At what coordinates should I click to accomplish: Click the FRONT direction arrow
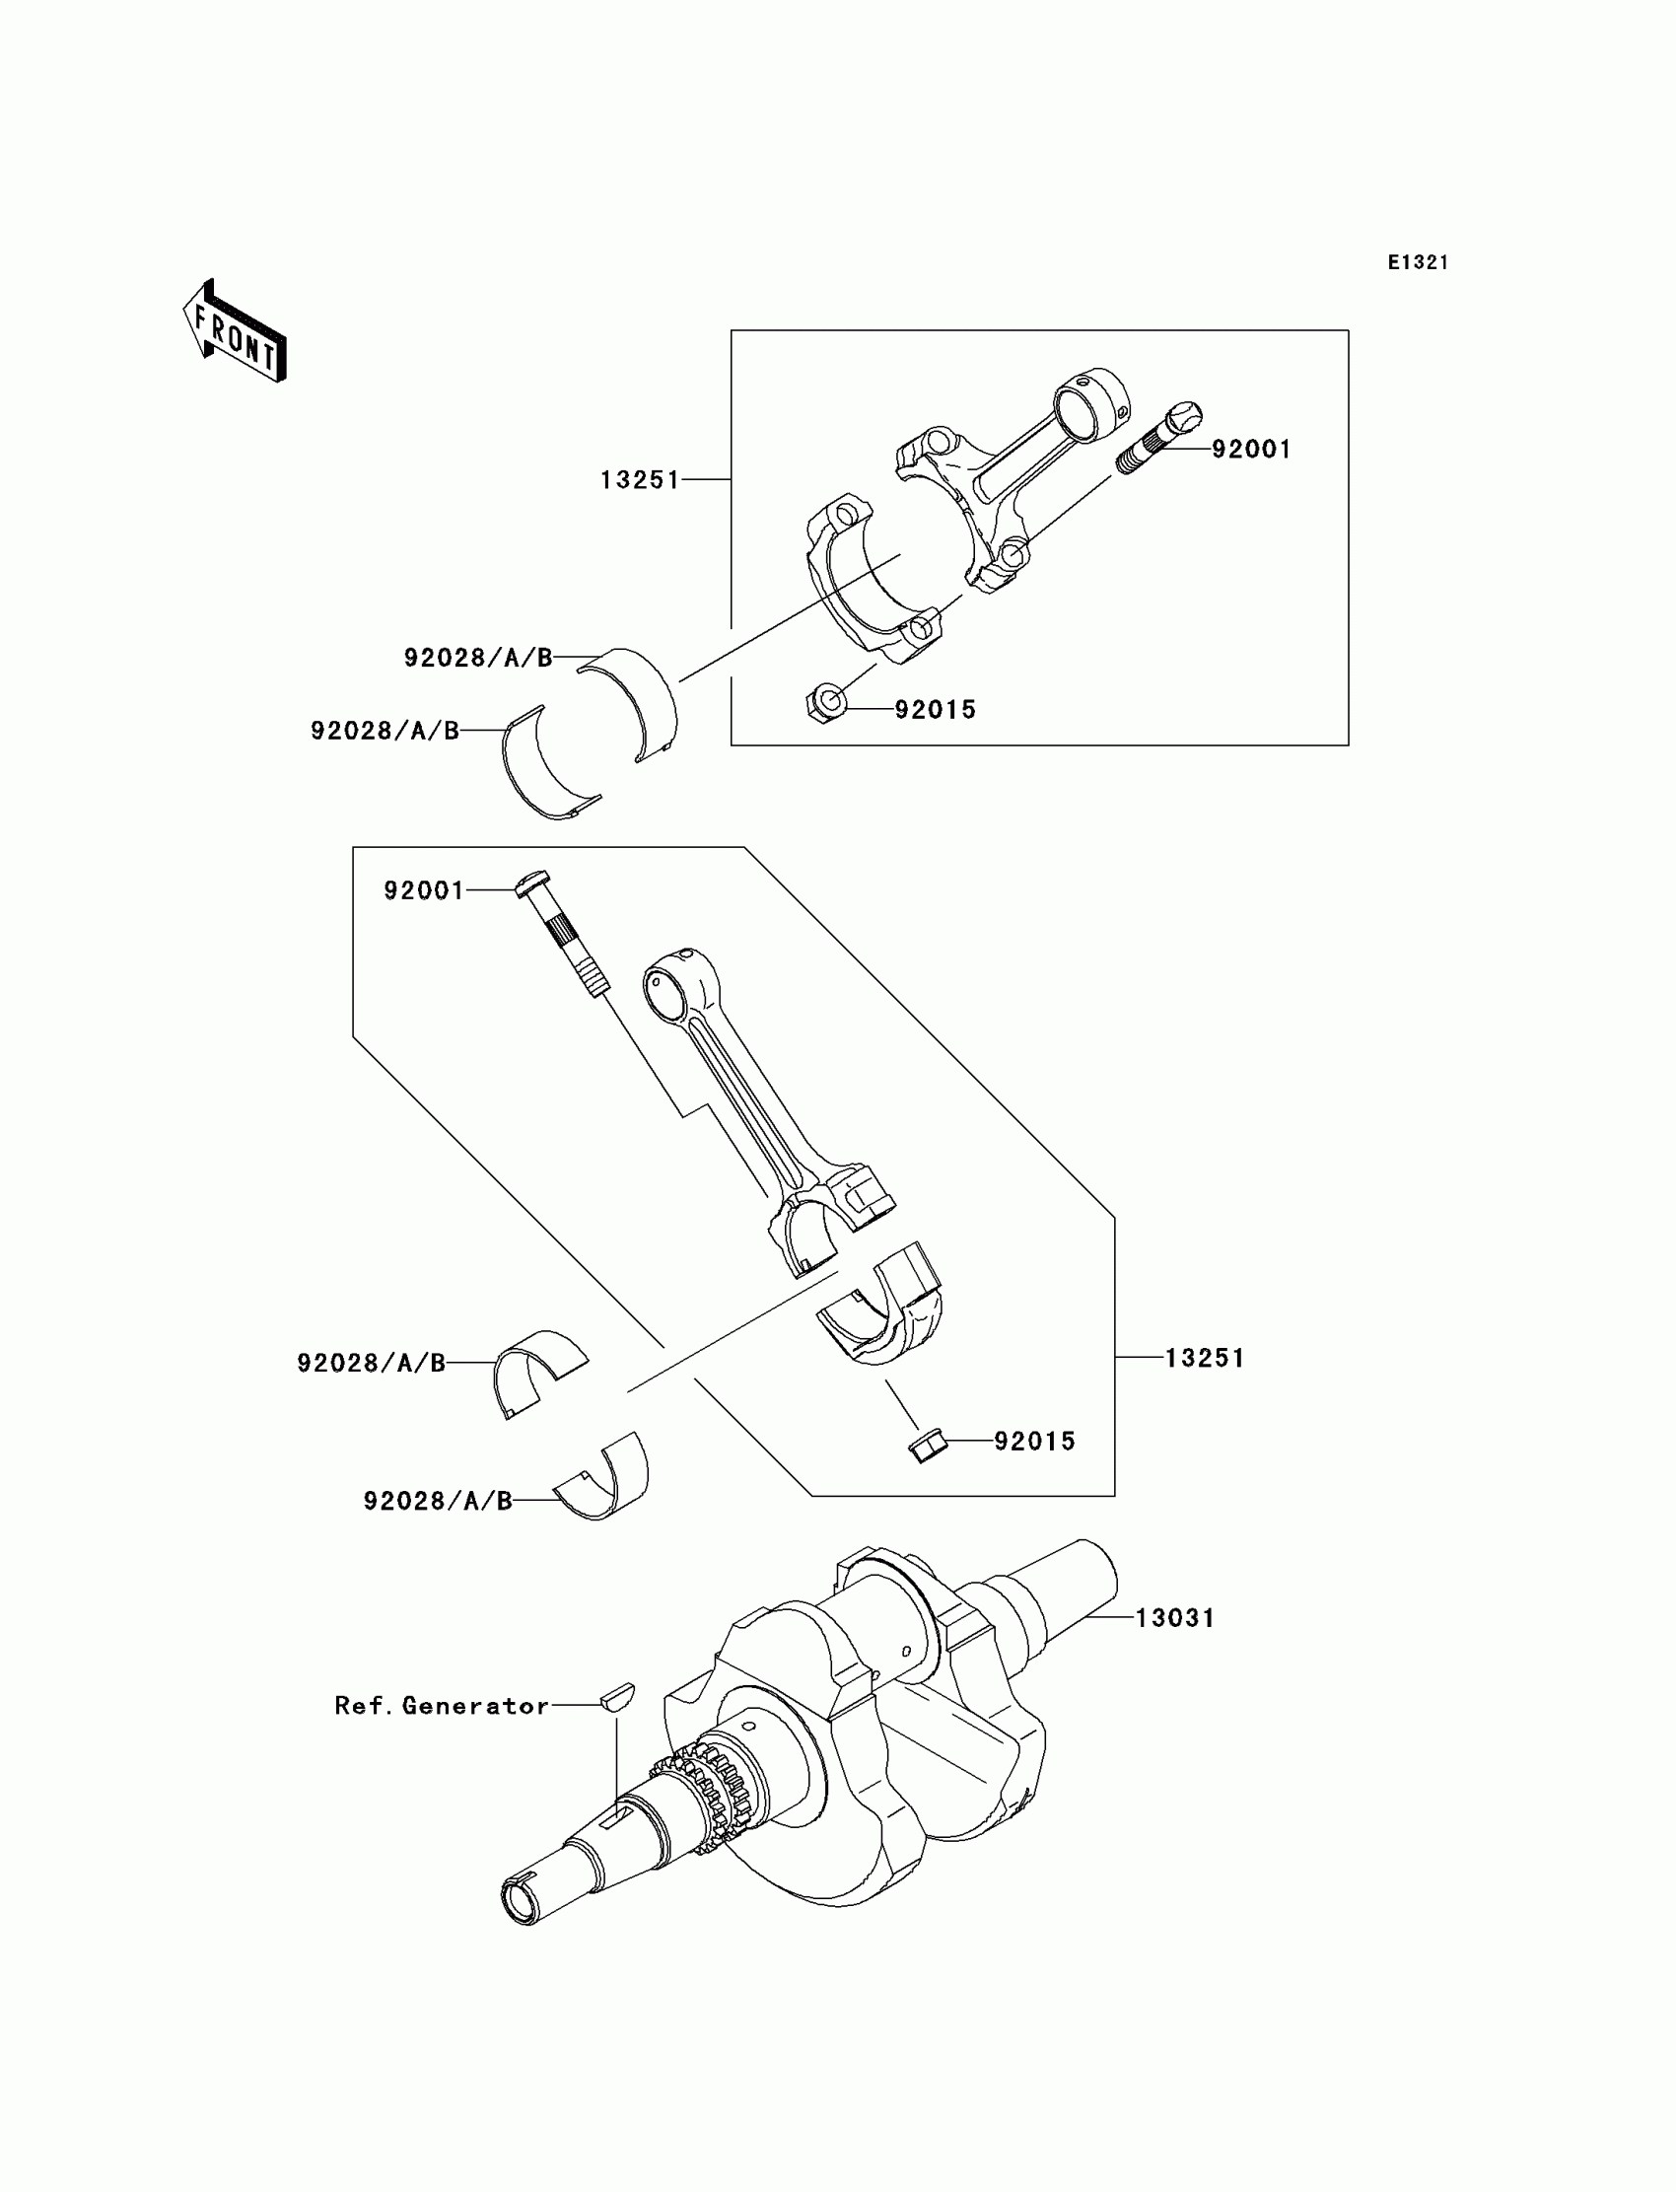pos(236,332)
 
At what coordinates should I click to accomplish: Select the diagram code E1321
pos(1418,262)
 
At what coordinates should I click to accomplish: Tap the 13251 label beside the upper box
pos(640,480)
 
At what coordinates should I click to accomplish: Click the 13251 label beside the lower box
pos(1205,1358)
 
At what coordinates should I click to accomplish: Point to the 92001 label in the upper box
pos(1251,450)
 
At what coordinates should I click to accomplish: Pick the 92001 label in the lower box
pos(424,890)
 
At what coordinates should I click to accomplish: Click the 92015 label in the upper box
pos(935,709)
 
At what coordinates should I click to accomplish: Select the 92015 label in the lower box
pos(1034,1441)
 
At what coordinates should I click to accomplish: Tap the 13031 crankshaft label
pos(1175,1617)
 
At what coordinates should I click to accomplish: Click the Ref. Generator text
pos(442,1705)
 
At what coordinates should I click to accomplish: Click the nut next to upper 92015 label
pos(826,703)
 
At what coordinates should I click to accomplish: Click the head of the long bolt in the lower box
pos(531,881)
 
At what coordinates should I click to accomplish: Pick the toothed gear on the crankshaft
pos(704,1796)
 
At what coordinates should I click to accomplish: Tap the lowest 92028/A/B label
pos(437,1501)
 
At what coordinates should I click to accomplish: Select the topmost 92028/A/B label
pos(478,658)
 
